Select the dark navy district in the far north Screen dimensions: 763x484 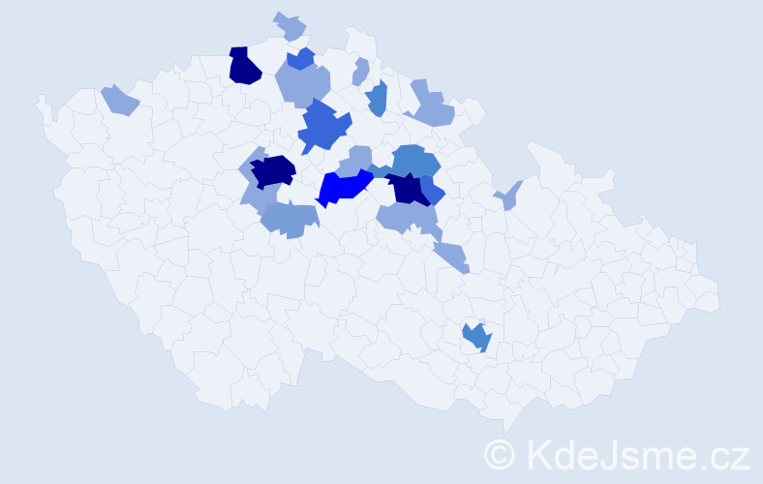(244, 66)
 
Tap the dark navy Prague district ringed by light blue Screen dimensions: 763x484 (272, 171)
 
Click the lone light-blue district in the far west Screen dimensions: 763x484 (119, 99)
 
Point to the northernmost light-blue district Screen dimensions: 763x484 (290, 26)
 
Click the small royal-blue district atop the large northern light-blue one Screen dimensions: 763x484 (301, 59)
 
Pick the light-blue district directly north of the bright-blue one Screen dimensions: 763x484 (359, 157)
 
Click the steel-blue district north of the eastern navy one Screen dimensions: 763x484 (415, 159)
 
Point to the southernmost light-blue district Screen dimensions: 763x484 (451, 257)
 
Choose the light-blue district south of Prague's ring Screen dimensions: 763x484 (290, 220)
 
